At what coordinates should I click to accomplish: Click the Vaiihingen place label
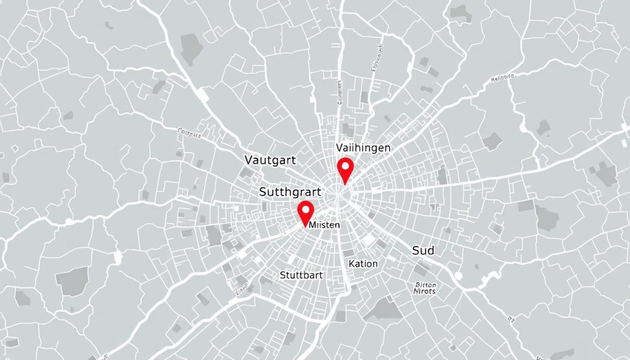coord(363,148)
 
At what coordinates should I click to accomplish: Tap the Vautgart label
coord(270,160)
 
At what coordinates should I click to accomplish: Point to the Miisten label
coord(325,225)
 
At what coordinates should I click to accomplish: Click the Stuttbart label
coord(301,275)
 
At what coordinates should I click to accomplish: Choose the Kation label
coord(363,263)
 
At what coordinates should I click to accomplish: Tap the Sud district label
coord(423,250)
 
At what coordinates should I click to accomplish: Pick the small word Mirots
coord(424,292)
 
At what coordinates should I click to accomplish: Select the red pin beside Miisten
coord(305,214)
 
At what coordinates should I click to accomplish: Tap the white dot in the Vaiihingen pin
coord(346,164)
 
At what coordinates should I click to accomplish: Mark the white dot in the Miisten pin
coord(305,210)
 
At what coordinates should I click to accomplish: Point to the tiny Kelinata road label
coord(503,78)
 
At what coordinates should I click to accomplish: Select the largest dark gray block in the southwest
coord(72,281)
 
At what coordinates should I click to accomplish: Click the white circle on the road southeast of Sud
coord(459,276)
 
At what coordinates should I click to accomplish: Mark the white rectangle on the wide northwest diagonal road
coord(200,94)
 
